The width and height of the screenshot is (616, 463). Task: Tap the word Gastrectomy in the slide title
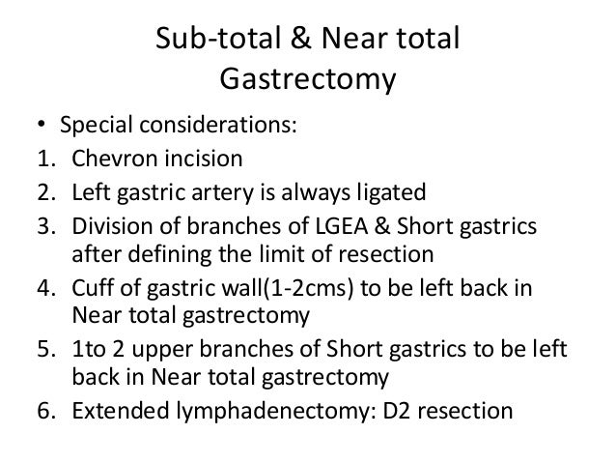308,80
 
